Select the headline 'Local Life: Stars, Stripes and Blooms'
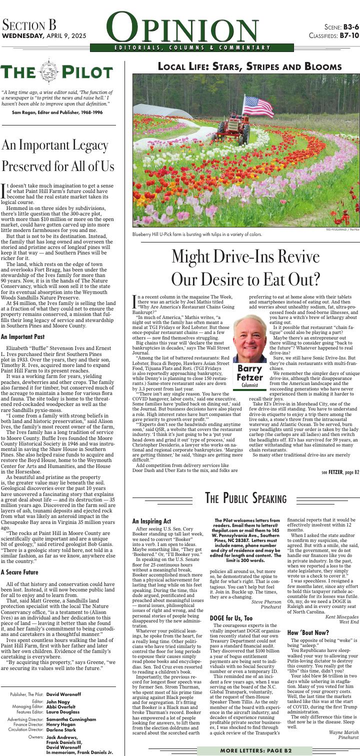(x=249, y=67)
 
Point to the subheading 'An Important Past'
(x=23, y=336)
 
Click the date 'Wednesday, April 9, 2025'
(x=44, y=36)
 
